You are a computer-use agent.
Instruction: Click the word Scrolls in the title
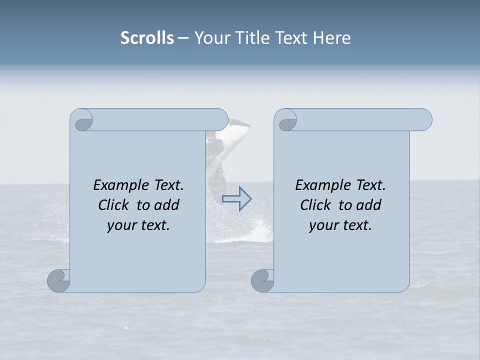coord(147,38)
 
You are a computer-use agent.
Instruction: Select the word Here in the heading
coord(332,38)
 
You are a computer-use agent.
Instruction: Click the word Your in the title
coord(210,38)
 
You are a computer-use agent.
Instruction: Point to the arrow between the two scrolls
coord(237,198)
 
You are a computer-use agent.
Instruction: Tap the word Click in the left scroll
coord(113,205)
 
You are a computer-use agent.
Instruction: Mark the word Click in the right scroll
coord(315,205)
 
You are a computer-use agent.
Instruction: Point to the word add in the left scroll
coord(166,205)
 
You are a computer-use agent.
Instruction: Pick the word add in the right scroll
coord(368,205)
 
